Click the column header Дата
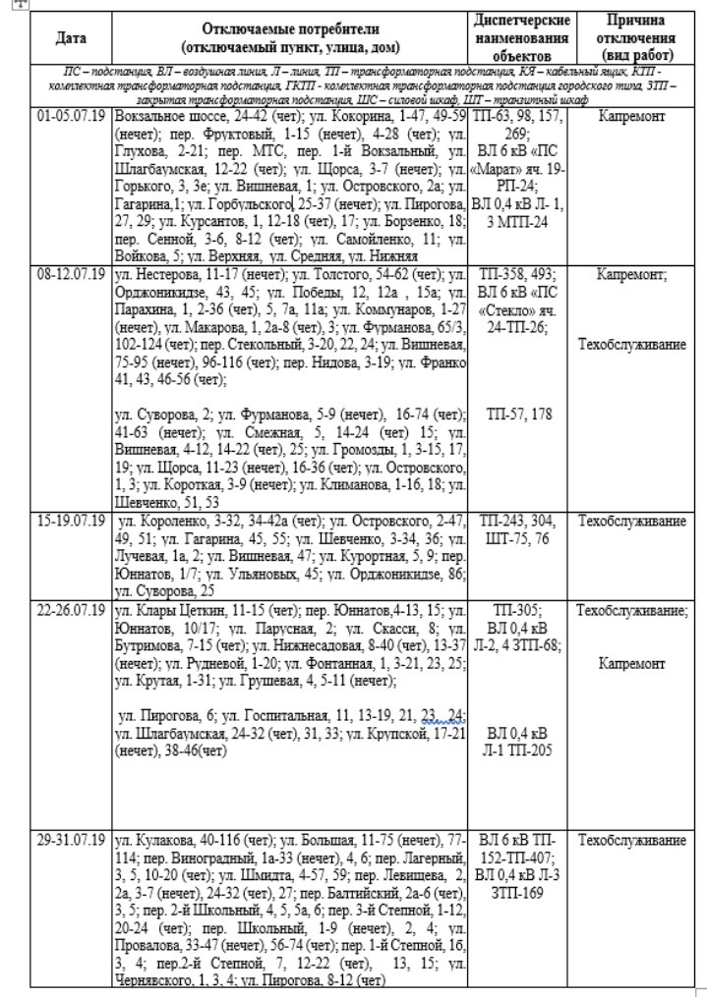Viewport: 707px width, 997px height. [x=71, y=38]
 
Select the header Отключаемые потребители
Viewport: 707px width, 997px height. [x=290, y=29]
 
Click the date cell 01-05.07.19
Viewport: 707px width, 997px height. [x=71, y=115]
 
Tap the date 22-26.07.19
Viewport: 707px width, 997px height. [x=71, y=611]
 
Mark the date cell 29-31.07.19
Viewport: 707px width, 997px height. [x=71, y=841]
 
